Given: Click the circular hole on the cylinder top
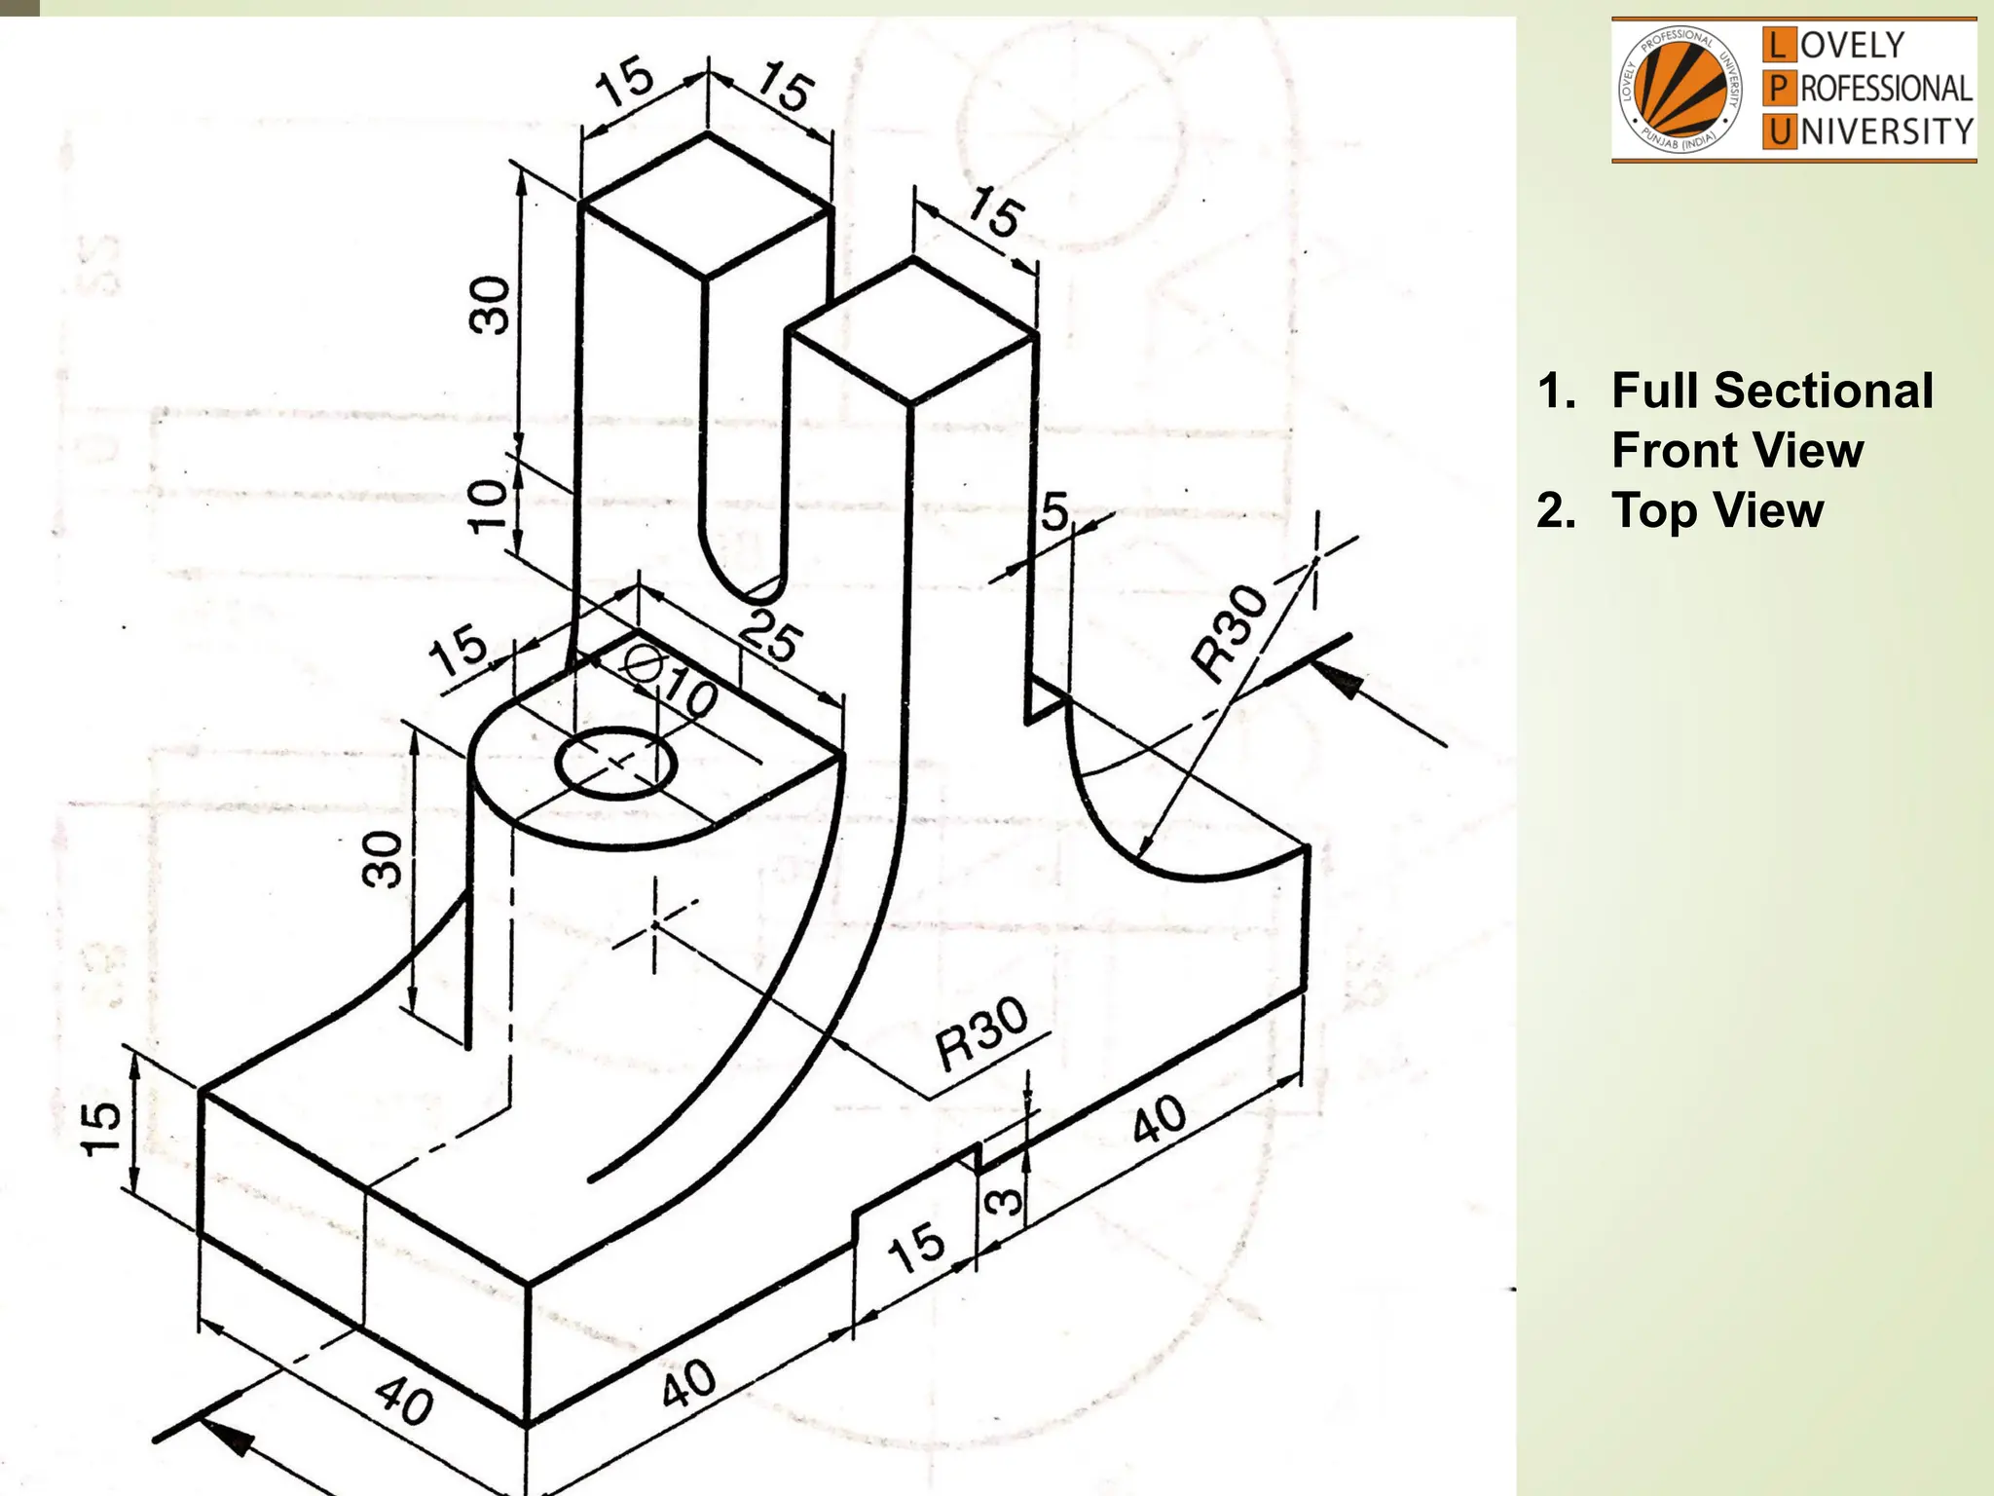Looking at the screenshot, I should coord(615,764).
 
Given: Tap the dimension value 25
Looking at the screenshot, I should coord(770,638).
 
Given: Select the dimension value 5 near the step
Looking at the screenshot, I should coord(1054,512).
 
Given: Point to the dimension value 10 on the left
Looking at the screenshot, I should coord(489,505).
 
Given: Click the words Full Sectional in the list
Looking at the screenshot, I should coord(1772,392).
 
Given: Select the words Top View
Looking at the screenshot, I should coord(1717,510).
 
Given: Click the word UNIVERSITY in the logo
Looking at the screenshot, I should coord(1885,131).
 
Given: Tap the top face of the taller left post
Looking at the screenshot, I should coord(707,206).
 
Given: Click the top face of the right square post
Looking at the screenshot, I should coord(911,331).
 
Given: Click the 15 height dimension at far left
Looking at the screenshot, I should coord(102,1128).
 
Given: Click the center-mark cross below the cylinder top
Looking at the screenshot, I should coord(654,924).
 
